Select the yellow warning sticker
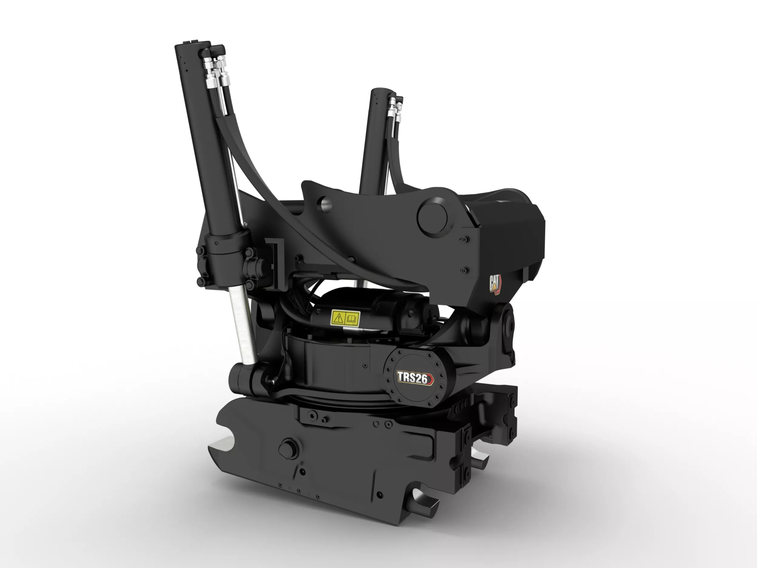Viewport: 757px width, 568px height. click(x=345, y=318)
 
